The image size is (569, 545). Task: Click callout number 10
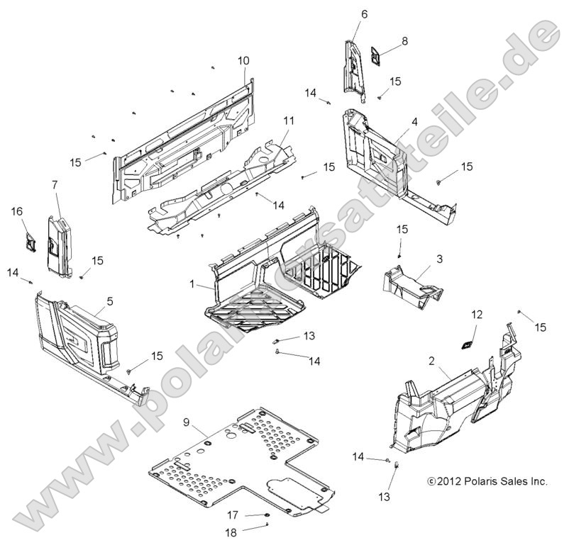(243, 60)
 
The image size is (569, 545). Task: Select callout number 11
(289, 120)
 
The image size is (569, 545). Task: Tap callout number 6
(365, 14)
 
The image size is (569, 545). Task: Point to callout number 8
(404, 41)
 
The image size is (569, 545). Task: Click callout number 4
(414, 121)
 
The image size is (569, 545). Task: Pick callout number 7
(55, 185)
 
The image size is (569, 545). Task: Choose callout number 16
(17, 211)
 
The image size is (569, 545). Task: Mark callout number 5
(110, 301)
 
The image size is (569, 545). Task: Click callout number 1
(192, 284)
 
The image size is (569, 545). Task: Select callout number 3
(439, 259)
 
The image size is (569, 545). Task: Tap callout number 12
(477, 315)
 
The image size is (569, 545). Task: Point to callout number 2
(431, 361)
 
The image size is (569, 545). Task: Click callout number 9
(186, 422)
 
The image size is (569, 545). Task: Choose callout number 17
(233, 515)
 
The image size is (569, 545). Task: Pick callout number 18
(231, 532)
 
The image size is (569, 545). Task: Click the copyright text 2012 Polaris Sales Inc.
(487, 481)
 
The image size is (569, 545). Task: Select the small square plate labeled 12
(467, 346)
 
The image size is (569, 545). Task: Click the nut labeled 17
(267, 515)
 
